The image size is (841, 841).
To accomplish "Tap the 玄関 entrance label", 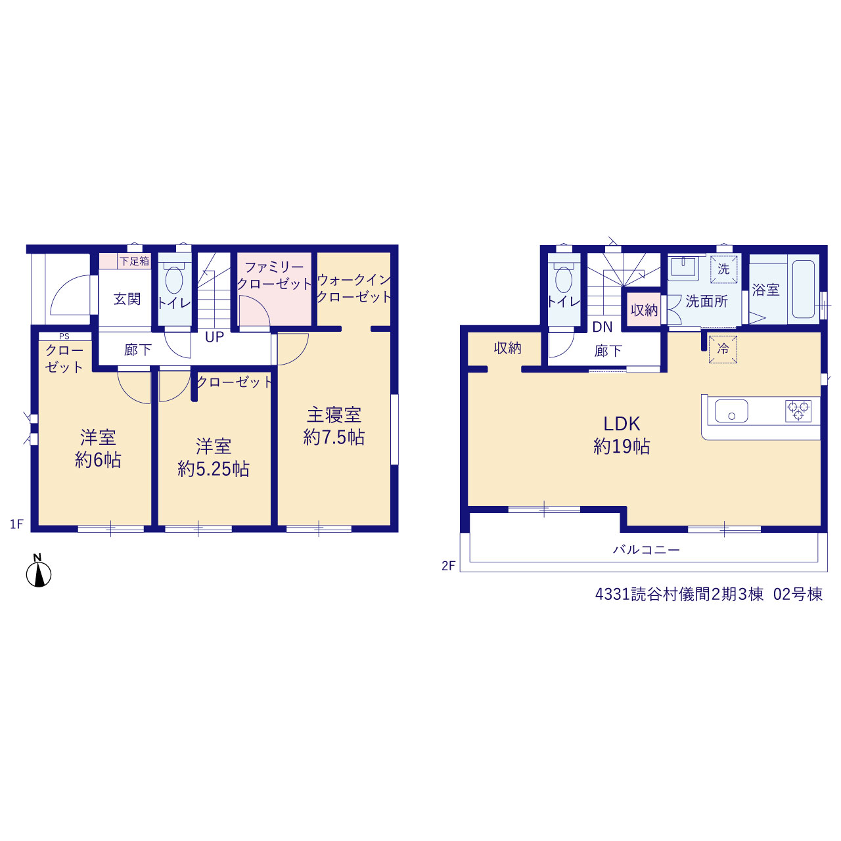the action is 127,299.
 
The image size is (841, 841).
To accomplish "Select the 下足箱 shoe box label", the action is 135,261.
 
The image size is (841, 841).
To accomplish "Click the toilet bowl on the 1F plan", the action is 173,279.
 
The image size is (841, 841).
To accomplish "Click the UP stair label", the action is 214,337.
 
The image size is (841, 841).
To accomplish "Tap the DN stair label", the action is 602,327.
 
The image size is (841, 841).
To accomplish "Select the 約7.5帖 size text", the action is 334,438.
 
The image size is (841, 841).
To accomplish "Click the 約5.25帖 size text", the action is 214,469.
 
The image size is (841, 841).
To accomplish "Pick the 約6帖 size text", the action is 98,460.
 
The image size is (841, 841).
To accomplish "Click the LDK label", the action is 622,424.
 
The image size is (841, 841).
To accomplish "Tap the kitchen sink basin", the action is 731,411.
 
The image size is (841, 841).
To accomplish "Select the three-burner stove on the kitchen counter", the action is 798,411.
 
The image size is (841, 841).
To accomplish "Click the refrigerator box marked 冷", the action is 723,349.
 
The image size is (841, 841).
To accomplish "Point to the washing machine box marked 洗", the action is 723,269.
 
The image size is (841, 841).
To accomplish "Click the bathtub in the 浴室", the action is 803,289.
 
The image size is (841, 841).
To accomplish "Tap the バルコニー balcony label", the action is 647,549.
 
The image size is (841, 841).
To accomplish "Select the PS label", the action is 64,336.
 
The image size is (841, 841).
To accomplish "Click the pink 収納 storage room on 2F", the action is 644,310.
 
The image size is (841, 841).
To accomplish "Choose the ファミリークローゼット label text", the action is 274,275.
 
